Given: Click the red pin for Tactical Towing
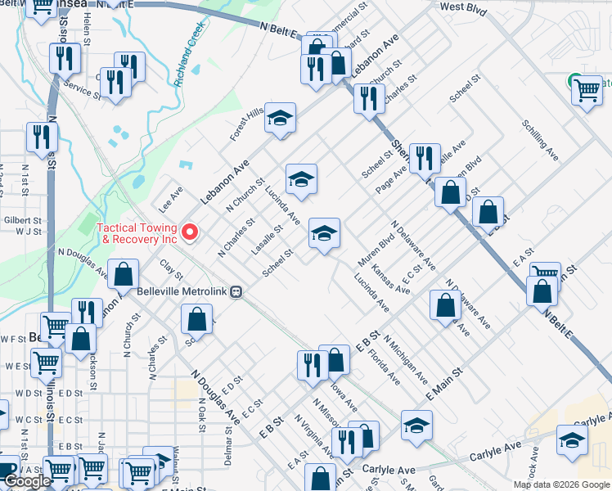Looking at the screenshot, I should click(x=191, y=233).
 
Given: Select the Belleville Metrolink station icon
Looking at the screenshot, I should click(x=236, y=291).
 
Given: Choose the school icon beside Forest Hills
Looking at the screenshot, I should click(x=280, y=119).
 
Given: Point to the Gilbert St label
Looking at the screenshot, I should click(x=22, y=221).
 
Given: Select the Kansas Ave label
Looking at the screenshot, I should click(x=390, y=279).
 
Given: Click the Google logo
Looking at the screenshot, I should click(x=27, y=480).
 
